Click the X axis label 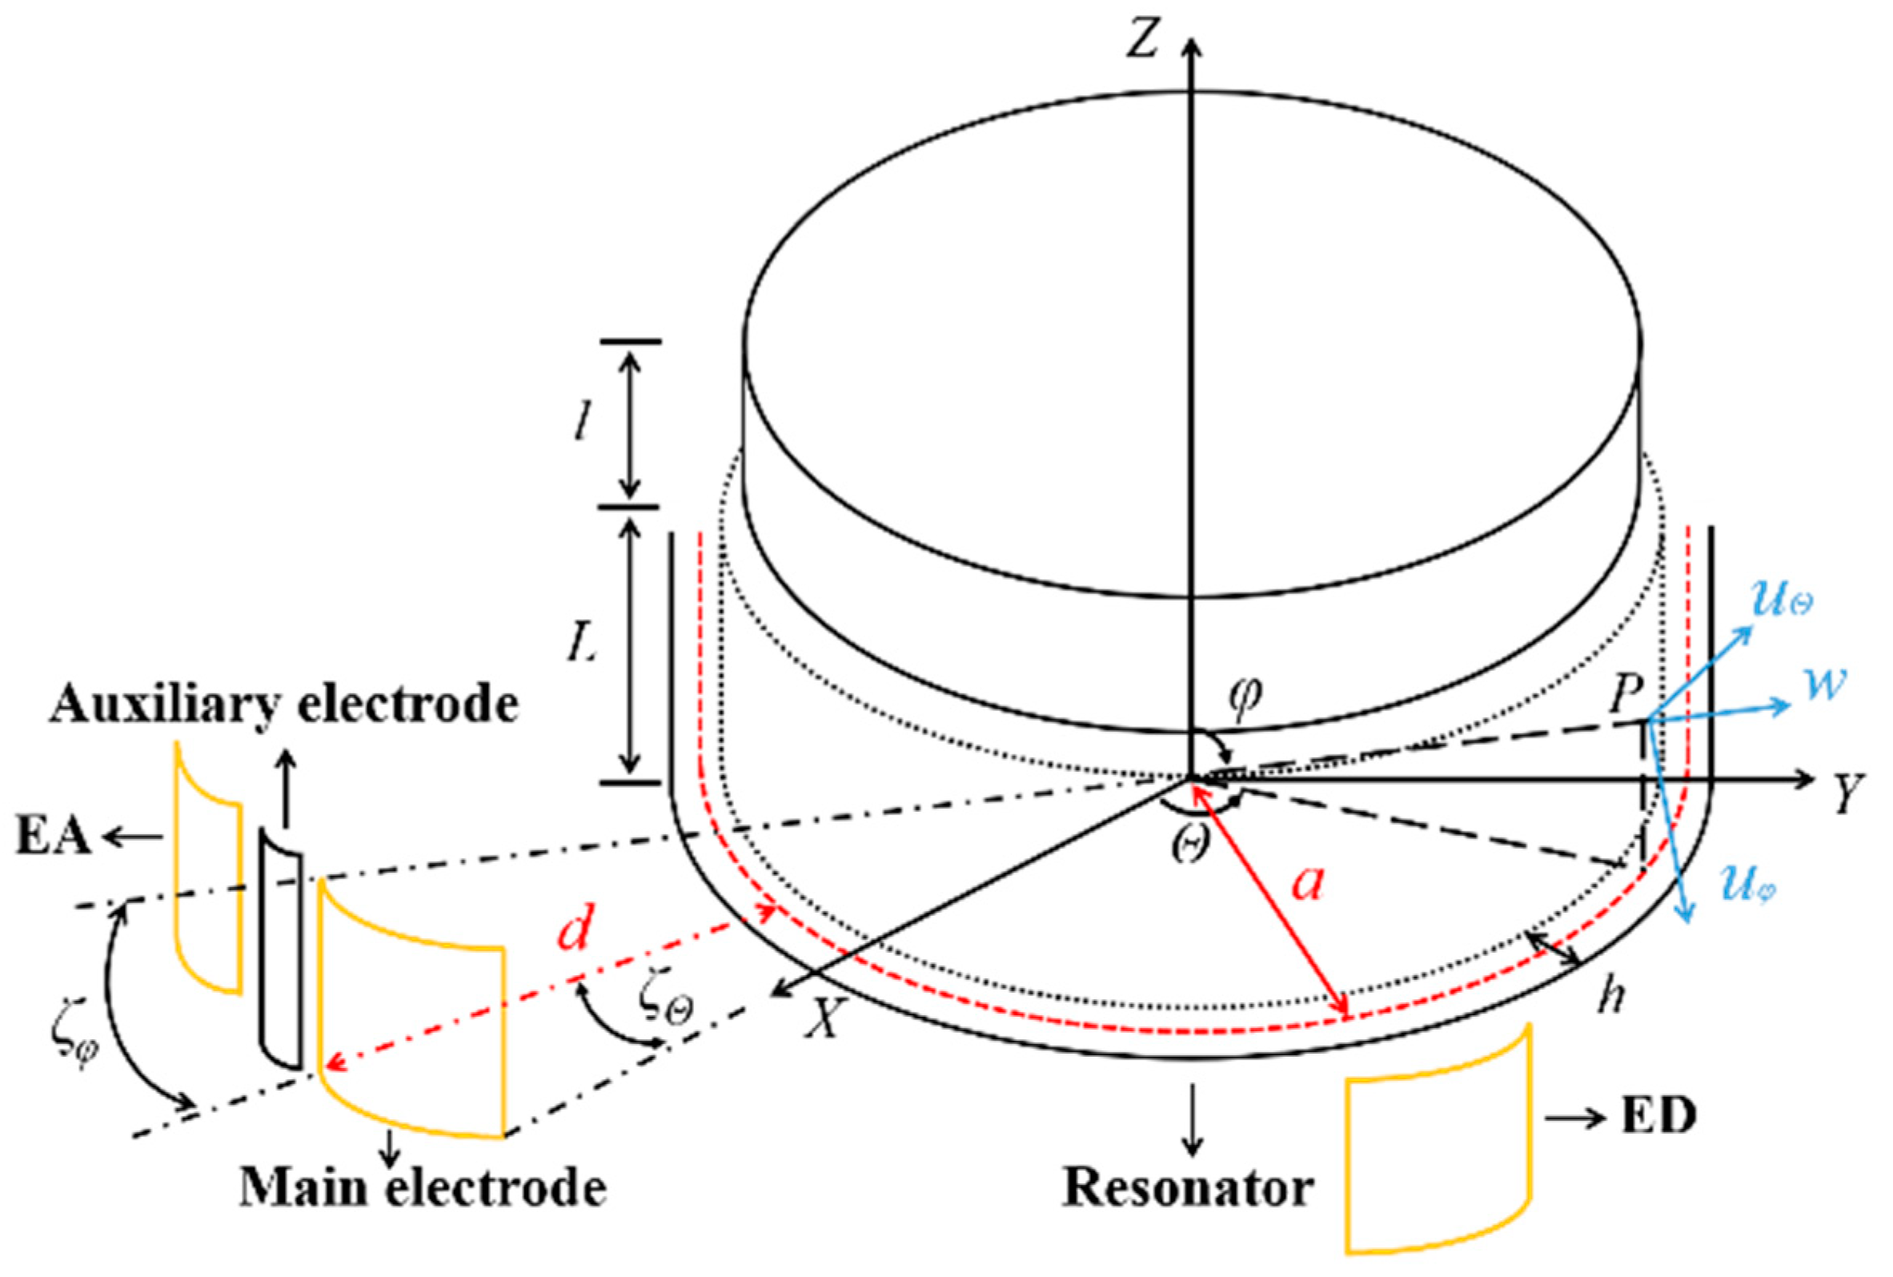[x=822, y=1018]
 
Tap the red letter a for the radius [x=1310, y=884]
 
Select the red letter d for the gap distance [x=576, y=931]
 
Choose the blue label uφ [x=1747, y=882]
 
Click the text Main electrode [x=423, y=1190]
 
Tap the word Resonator [x=1189, y=1188]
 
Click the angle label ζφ [x=74, y=1050]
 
